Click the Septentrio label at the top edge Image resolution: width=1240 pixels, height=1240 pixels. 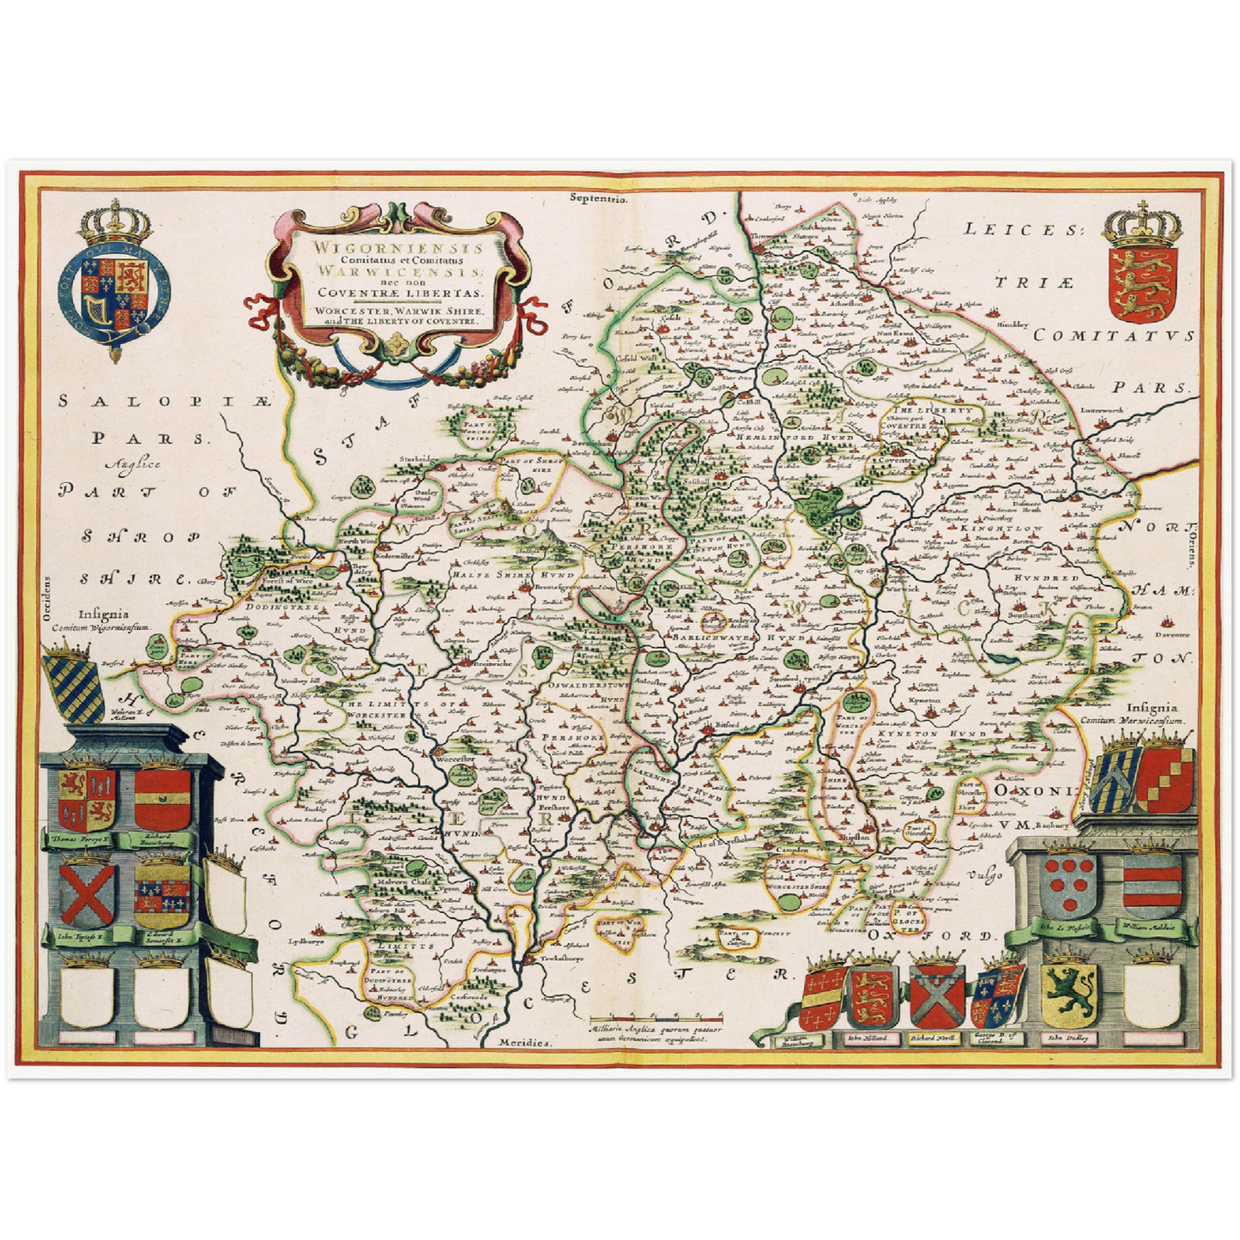click(x=598, y=198)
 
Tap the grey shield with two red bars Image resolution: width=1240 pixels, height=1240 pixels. click(x=1151, y=885)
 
